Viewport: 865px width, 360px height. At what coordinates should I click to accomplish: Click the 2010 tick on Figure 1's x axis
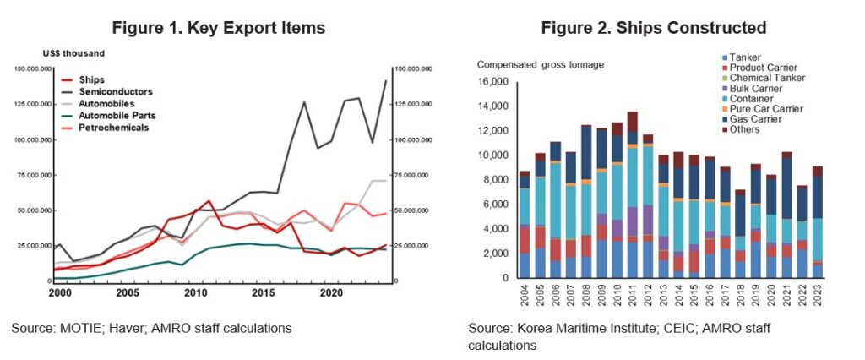[195, 292]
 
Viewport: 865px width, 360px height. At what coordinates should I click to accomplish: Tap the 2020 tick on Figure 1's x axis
[332, 292]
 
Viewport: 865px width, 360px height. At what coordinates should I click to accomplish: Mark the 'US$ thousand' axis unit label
[77, 54]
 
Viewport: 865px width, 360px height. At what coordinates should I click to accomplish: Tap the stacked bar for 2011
[632, 194]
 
